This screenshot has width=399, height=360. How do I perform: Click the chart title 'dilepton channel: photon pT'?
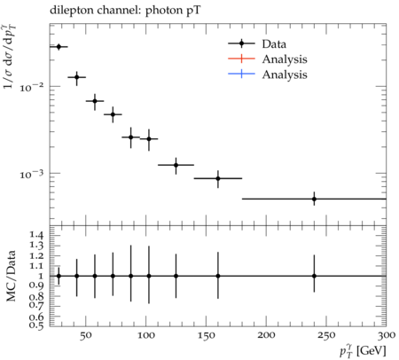[125, 11]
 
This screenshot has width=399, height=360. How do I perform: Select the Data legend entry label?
[274, 44]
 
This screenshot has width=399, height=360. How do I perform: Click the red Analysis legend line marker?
[241, 59]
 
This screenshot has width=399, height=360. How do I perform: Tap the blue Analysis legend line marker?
[241, 74]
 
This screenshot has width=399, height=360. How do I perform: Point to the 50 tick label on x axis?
[86, 335]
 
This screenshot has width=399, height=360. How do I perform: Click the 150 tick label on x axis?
[206, 335]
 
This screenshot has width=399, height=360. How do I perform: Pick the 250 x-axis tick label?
[326, 335]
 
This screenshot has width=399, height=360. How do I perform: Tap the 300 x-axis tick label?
[387, 335]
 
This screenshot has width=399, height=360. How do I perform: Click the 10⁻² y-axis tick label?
[31, 87]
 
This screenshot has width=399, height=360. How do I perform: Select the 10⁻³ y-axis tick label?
[31, 174]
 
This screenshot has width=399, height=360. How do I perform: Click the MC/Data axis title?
[11, 276]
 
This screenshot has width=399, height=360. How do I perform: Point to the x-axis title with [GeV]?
[363, 351]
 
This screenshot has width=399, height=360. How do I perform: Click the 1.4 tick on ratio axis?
[36, 236]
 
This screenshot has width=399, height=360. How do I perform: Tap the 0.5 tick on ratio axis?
[36, 325]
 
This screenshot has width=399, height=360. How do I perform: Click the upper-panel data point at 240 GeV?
[314, 199]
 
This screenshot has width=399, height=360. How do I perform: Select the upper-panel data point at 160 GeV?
[218, 178]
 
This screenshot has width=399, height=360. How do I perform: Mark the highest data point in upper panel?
[59, 47]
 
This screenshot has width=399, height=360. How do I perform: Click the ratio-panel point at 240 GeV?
[314, 276]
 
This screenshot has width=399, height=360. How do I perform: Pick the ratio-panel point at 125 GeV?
[176, 276]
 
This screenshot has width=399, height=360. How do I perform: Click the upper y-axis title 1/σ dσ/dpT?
[10, 57]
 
